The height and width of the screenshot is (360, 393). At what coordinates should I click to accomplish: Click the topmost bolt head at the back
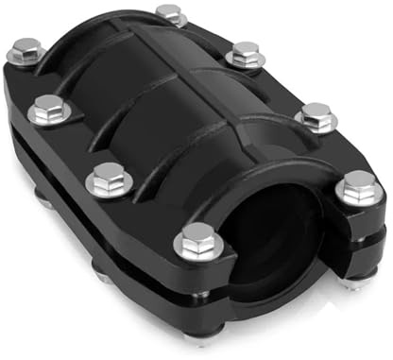pos(170,13)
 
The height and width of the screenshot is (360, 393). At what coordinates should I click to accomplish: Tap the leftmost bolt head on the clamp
pos(26,48)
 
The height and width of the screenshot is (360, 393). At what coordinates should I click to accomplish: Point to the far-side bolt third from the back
pos(316,115)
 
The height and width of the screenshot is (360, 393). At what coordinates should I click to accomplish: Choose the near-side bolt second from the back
pos(46,109)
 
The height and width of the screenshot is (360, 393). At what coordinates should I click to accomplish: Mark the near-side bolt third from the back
pos(109,176)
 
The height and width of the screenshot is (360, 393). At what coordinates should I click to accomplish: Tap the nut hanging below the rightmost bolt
pos(354,281)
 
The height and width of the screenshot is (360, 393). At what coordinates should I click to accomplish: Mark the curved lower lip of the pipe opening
pos(274,300)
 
